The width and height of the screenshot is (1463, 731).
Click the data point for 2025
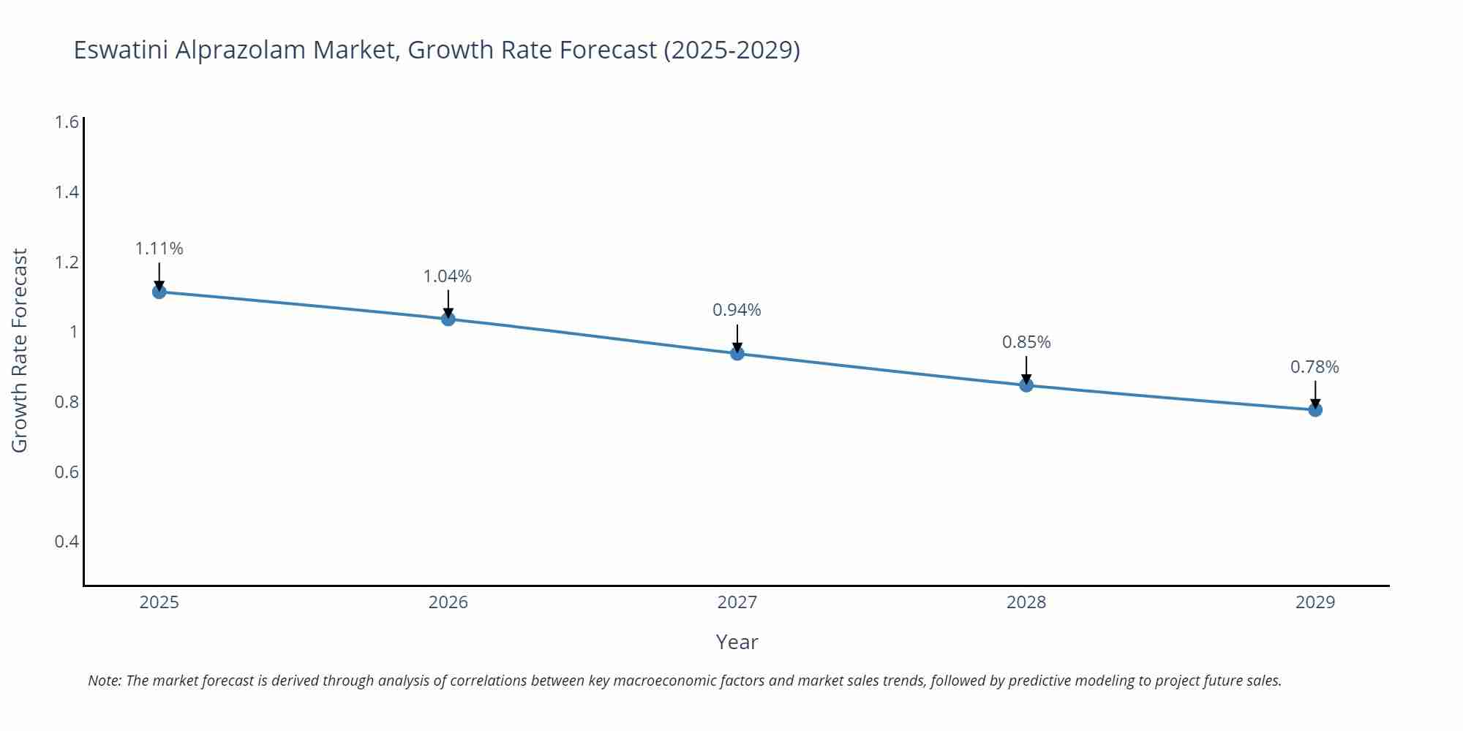pyautogui.click(x=159, y=292)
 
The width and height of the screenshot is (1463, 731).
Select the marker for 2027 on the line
pyautogui.click(x=737, y=354)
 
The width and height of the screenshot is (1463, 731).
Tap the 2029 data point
pyautogui.click(x=1315, y=410)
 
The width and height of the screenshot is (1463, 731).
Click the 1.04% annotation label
pyautogui.click(x=448, y=276)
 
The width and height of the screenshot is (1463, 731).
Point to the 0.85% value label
pyautogui.click(x=1026, y=342)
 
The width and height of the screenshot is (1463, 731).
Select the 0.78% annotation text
pyautogui.click(x=1315, y=367)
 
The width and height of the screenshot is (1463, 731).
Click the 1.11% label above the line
pyautogui.click(x=159, y=249)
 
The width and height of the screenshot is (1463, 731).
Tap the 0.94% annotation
pyautogui.click(x=737, y=310)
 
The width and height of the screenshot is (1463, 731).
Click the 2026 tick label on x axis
pyautogui.click(x=448, y=602)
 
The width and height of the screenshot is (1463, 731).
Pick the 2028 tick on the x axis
pyautogui.click(x=1026, y=602)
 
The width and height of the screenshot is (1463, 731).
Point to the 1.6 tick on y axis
pyautogui.click(x=67, y=122)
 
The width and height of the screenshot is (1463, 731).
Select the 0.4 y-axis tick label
pyautogui.click(x=67, y=542)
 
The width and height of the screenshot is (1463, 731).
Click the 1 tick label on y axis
pyautogui.click(x=73, y=332)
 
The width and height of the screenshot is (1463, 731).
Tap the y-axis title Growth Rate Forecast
pyautogui.click(x=20, y=350)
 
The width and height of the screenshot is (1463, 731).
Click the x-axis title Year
pyautogui.click(x=737, y=642)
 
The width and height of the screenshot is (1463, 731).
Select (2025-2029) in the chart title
pyautogui.click(x=731, y=50)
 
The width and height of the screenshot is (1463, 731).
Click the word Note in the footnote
pyautogui.click(x=104, y=681)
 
